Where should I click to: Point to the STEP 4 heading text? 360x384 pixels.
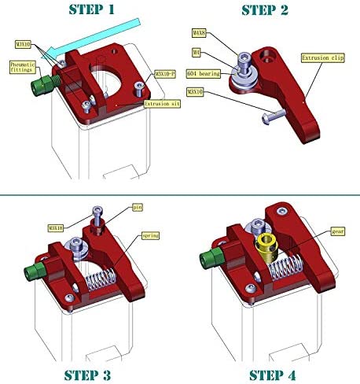[x=277, y=375]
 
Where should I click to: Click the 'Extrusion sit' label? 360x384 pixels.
[x=162, y=103]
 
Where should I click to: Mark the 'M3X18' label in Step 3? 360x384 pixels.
[x=55, y=228]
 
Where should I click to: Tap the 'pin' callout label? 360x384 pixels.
[x=138, y=206]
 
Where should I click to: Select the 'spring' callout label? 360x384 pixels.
[x=150, y=235]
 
